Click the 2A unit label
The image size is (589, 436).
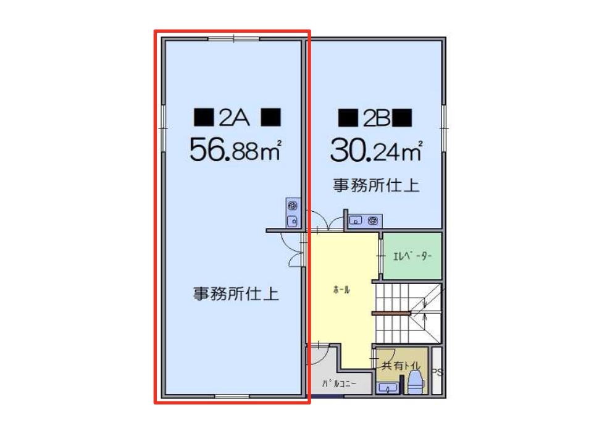[237, 117]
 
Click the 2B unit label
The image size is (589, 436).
[375, 117]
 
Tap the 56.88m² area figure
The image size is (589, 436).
[235, 149]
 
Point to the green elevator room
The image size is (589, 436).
[412, 256]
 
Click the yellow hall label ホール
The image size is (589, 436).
[341, 290]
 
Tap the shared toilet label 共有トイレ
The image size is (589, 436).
[401, 365]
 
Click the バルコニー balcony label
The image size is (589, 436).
[339, 384]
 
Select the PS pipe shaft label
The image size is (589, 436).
[438, 372]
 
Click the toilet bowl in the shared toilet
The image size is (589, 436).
[416, 382]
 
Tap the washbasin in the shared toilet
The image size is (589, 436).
[388, 388]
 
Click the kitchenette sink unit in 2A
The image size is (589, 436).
[293, 212]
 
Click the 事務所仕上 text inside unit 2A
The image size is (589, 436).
[236, 293]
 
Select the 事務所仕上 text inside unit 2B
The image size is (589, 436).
[376, 185]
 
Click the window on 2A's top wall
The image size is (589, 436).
[233, 38]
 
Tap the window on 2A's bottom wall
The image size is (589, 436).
[232, 396]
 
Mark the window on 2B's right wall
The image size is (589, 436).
[444, 128]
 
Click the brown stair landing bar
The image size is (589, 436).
[391, 313]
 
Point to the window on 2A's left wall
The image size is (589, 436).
[164, 128]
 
